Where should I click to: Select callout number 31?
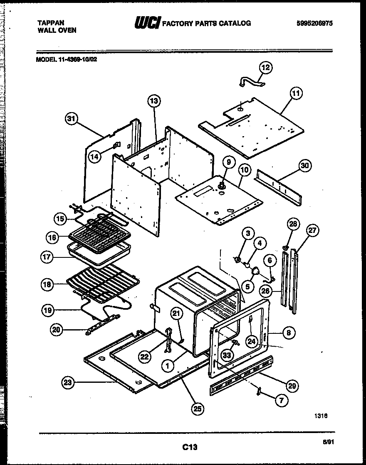pyautogui.click(x=72, y=119)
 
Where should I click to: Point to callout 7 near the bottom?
pyautogui.click(x=282, y=401)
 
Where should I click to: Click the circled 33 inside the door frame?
pyautogui.click(x=227, y=355)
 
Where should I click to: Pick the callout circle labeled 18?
pyautogui.click(x=47, y=285)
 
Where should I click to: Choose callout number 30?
pyautogui.click(x=305, y=166)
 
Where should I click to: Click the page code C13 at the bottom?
pyautogui.click(x=189, y=447)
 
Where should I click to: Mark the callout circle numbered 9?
pyautogui.click(x=229, y=162)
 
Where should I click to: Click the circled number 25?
pyautogui.click(x=198, y=409)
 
